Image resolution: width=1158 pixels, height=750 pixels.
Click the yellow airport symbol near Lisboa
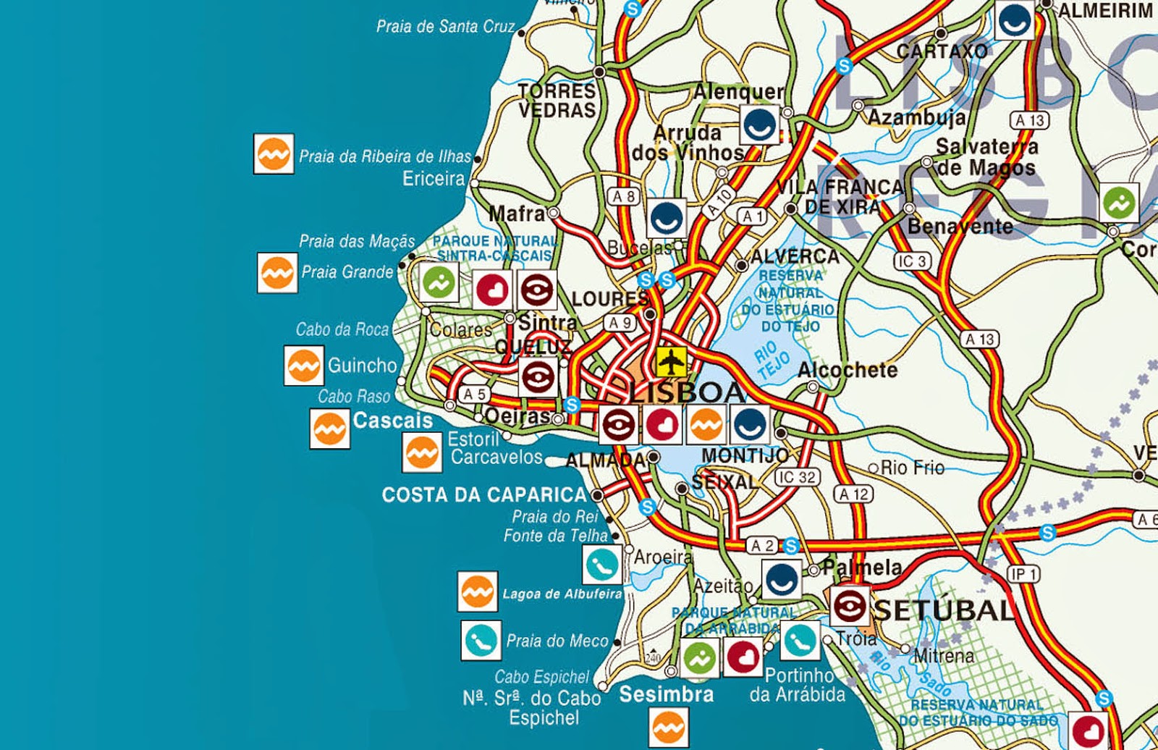pyautogui.click(x=672, y=359)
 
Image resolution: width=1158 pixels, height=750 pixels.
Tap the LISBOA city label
pyautogui.click(x=686, y=393)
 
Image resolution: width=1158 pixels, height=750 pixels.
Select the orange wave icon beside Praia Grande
pyautogui.click(x=277, y=273)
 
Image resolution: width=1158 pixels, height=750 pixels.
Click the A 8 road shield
pyautogui.click(x=623, y=196)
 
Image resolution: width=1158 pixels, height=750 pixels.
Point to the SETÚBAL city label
pyautogui.click(x=944, y=610)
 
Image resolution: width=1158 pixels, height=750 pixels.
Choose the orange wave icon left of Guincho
pyautogui.click(x=303, y=366)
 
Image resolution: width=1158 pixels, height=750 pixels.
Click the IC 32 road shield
pyautogui.click(x=797, y=477)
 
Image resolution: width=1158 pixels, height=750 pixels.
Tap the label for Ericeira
pyautogui.click(x=434, y=179)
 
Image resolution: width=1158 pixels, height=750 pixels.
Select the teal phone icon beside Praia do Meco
pyautogui.click(x=481, y=641)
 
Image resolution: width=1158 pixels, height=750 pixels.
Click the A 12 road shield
pyautogui.click(x=853, y=494)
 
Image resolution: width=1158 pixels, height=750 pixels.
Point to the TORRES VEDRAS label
pyautogui.click(x=557, y=101)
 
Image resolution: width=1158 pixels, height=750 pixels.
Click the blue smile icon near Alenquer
pyautogui.click(x=759, y=125)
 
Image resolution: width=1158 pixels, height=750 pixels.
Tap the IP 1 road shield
pyautogui.click(x=1023, y=575)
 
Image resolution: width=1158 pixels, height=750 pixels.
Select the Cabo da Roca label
pyautogui.click(x=342, y=329)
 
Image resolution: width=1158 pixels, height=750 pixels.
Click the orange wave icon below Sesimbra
pyautogui.click(x=668, y=726)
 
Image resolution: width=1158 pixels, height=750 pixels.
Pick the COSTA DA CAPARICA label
pyautogui.click(x=484, y=495)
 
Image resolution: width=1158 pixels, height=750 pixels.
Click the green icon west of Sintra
pyautogui.click(x=439, y=282)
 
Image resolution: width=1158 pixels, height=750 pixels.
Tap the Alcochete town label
pyautogui.click(x=847, y=370)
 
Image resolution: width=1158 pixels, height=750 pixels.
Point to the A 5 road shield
pyautogui.click(x=474, y=395)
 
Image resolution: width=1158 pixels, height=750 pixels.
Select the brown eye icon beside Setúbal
pyautogui.click(x=848, y=606)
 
